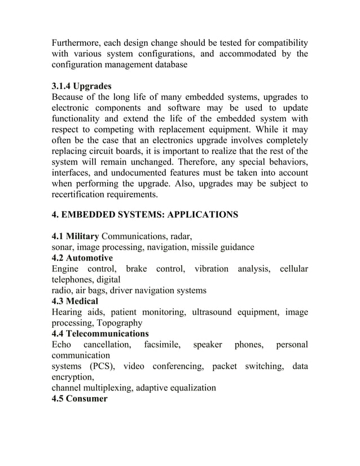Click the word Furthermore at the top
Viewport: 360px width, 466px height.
coord(78,43)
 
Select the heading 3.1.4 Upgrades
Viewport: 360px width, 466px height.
coord(81,86)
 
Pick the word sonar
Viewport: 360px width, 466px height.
coord(62,247)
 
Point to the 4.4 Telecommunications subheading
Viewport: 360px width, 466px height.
coord(100,333)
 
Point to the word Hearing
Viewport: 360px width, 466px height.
coord(67,312)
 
